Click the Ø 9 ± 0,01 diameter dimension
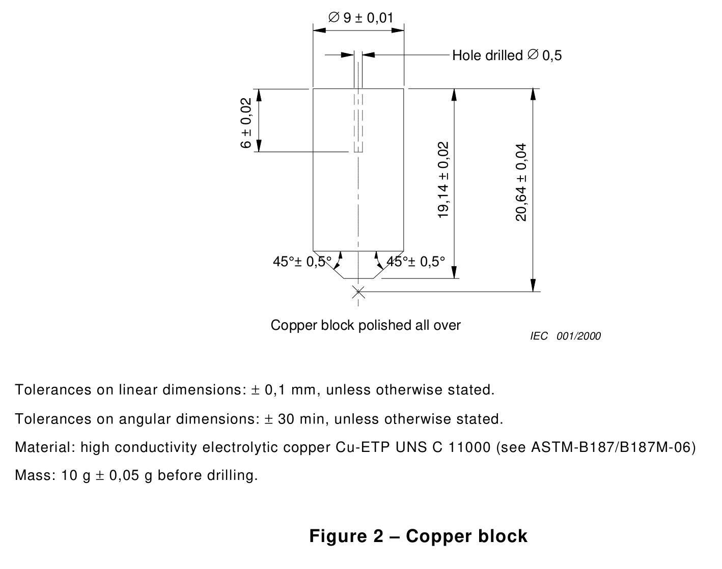tap(360, 18)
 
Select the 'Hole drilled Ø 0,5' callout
tap(507, 55)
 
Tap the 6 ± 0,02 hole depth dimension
tap(246, 123)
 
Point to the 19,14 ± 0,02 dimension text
tap(443, 180)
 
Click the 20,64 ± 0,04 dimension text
tap(521, 182)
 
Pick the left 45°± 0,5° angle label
tap(302, 262)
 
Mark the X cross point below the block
tap(358, 292)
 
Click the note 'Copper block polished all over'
tap(366, 325)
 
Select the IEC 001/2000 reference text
tap(565, 336)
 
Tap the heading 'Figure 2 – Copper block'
tap(419, 536)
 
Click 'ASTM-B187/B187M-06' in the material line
tap(613, 447)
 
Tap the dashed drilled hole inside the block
tap(358, 122)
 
